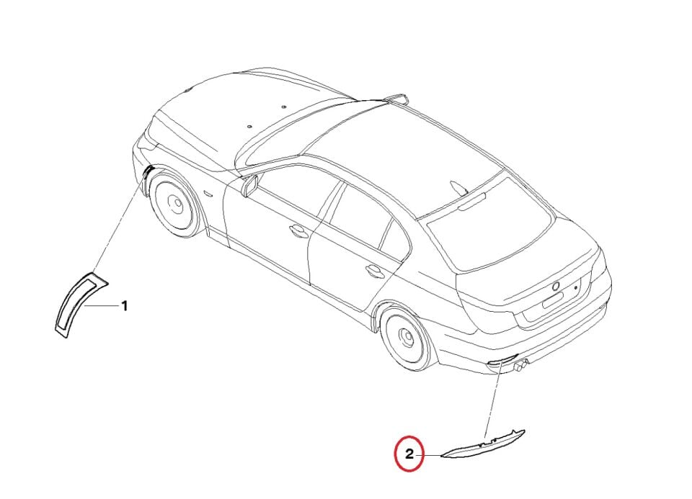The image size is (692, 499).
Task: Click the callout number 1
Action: coord(124,306)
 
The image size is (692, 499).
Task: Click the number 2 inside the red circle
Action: coord(409,454)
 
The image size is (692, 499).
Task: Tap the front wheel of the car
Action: coord(173,204)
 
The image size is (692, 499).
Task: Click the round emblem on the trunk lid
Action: coord(556,286)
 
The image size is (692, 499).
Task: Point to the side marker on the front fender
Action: coord(207,195)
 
